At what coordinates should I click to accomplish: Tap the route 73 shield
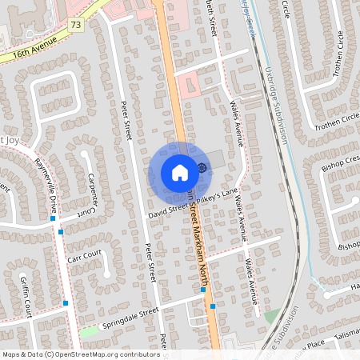pos(76,26)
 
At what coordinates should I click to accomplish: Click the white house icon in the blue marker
pos(179,173)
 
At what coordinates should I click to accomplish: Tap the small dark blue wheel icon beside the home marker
pos(202,167)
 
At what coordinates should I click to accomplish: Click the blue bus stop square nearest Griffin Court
pos(65,303)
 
